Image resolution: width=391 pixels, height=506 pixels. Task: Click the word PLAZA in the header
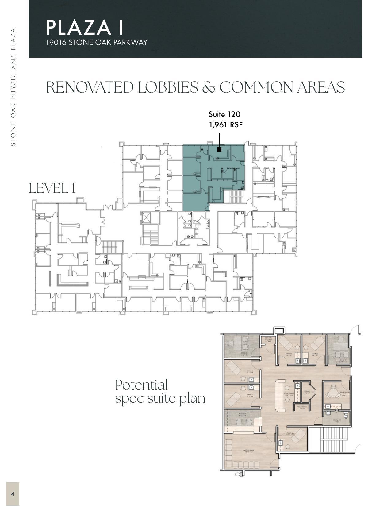coord(78,27)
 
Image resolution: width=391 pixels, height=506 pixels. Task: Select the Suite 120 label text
coord(224,114)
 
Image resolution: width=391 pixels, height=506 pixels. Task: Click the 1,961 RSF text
coord(226,125)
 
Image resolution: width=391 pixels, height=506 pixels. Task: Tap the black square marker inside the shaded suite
coord(219,149)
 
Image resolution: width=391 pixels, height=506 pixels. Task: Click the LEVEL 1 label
coord(52,188)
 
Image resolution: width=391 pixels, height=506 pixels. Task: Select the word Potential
coord(141,385)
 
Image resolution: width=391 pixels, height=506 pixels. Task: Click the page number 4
coord(13,494)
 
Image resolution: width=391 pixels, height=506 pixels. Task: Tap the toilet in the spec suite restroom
coord(346,416)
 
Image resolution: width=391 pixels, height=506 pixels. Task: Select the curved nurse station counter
coord(279,395)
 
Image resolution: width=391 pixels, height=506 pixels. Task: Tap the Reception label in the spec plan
coord(242,414)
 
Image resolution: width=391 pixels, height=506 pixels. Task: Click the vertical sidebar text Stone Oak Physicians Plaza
coord(13,87)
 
